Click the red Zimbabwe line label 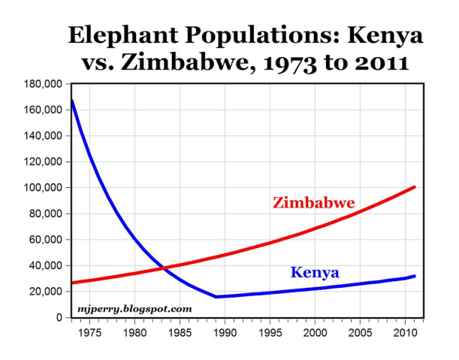[313, 203]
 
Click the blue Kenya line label [314, 271]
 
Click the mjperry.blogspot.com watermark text [135, 308]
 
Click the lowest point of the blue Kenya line [216, 297]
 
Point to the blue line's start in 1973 [71, 100]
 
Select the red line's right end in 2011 [415, 186]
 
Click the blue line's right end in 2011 [415, 276]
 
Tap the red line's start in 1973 [71, 283]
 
